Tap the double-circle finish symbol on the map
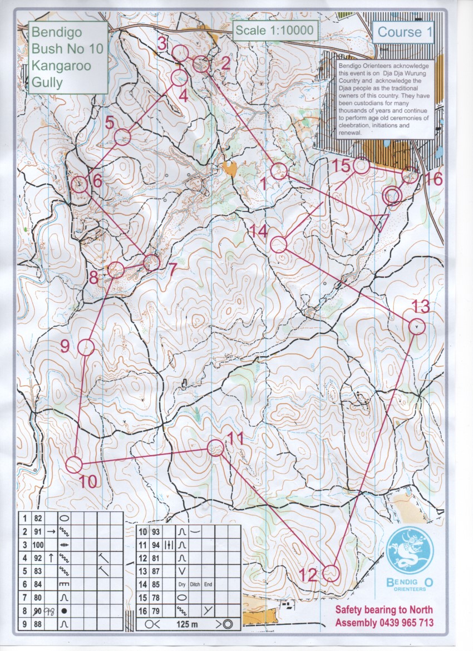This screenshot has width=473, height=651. (392, 195)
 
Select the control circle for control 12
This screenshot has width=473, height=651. (331, 573)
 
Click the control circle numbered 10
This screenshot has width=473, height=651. (74, 464)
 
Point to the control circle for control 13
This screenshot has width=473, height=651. (417, 326)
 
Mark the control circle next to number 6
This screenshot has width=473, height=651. (80, 185)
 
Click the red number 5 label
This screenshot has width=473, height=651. (110, 122)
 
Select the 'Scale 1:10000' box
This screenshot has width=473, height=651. (274, 31)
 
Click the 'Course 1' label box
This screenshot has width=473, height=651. (405, 32)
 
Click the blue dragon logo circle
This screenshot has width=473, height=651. (409, 551)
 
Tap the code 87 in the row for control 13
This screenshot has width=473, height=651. (156, 570)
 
